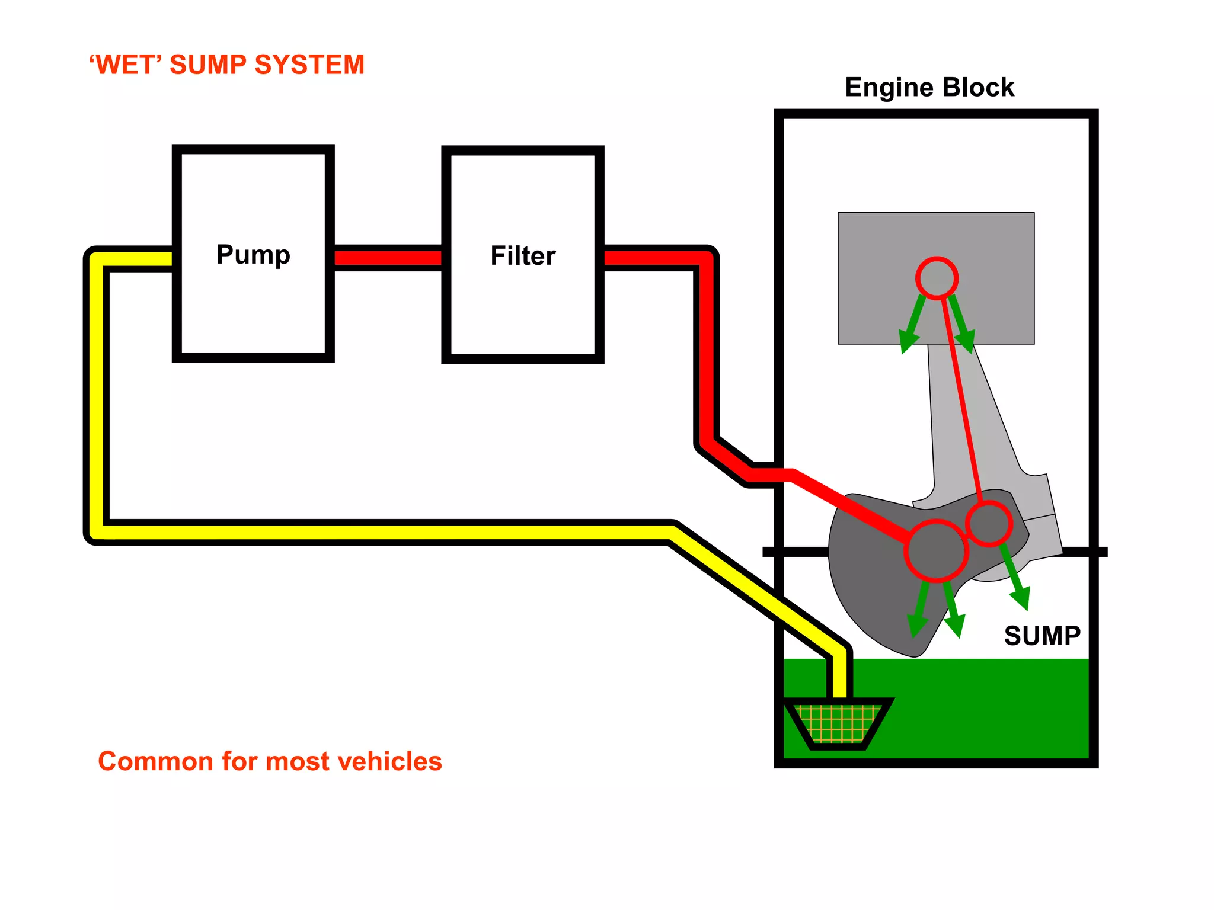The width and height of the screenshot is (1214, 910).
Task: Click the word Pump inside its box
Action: click(x=253, y=255)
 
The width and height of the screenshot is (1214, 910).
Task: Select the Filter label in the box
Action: click(x=523, y=256)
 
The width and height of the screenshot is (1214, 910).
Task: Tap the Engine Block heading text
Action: click(x=929, y=88)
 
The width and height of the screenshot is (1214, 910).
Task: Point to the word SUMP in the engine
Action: click(x=1042, y=636)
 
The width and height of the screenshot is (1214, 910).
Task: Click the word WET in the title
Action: click(x=126, y=65)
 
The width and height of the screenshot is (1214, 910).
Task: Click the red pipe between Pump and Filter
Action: click(x=388, y=258)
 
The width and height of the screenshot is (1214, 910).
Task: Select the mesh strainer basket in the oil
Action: click(x=837, y=723)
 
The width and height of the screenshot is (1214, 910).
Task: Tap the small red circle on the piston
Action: click(x=937, y=278)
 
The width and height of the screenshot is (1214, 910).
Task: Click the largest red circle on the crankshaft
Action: click(x=936, y=550)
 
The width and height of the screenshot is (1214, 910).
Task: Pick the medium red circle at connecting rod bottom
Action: click(x=989, y=523)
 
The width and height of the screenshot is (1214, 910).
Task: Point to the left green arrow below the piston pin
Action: click(x=912, y=326)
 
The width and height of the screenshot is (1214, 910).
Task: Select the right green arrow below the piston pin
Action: click(x=962, y=326)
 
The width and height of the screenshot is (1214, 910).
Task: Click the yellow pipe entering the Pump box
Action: click(x=136, y=259)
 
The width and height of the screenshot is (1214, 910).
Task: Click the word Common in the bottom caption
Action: click(x=155, y=761)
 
